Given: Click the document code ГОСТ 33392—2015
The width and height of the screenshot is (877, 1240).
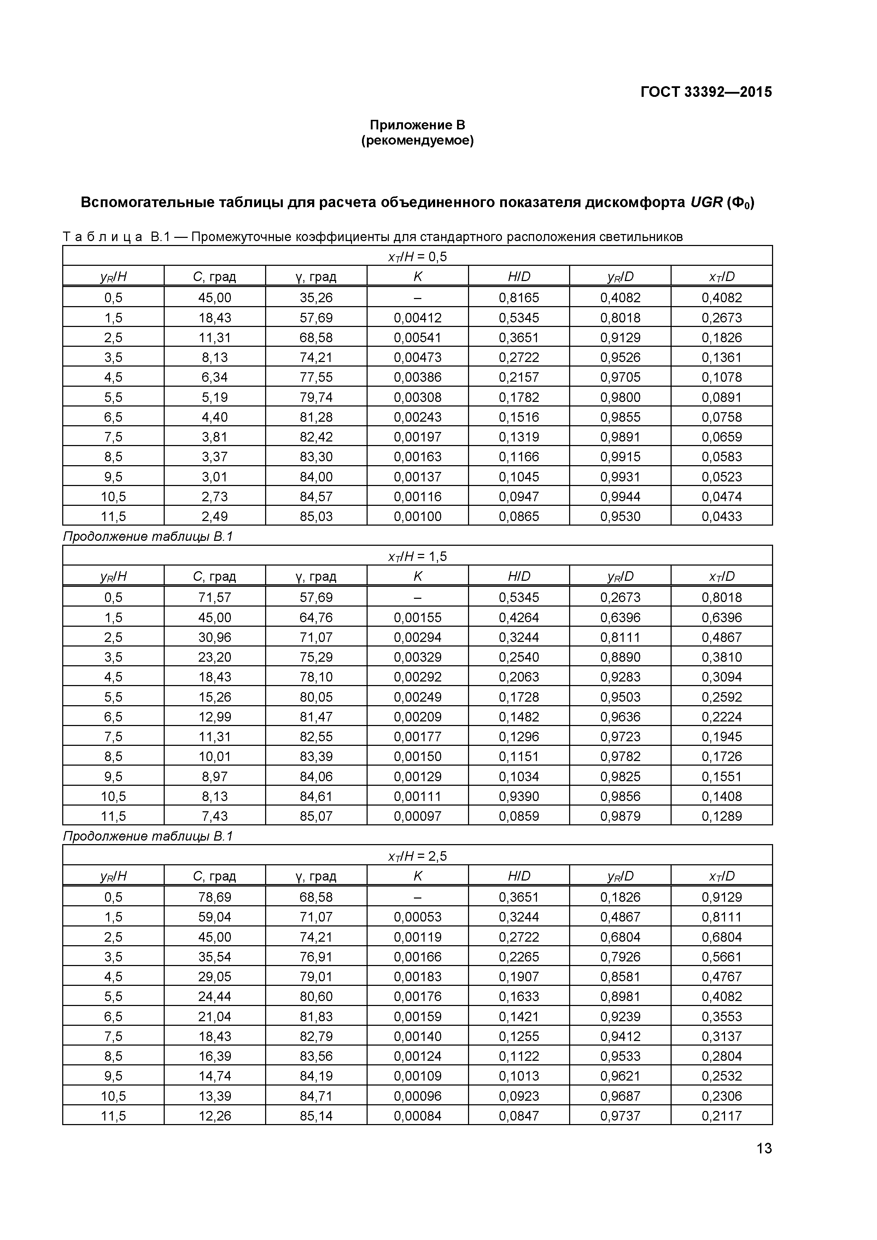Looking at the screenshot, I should click(x=706, y=92).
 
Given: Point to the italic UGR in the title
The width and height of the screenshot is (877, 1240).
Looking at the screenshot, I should click(x=706, y=203).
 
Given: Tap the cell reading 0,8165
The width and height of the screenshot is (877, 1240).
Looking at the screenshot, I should click(x=519, y=298).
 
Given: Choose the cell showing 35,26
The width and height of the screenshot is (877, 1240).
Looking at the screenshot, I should click(x=316, y=298).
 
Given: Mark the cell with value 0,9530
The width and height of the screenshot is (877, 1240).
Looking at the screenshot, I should click(x=620, y=516).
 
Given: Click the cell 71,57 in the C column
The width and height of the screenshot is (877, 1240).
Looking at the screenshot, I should click(x=215, y=597).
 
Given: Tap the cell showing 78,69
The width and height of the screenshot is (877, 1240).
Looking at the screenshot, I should click(x=215, y=897).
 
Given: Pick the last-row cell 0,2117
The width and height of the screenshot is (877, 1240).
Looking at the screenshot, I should click(x=721, y=1116).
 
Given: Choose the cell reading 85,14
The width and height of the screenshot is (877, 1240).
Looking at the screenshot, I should click(x=316, y=1116).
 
